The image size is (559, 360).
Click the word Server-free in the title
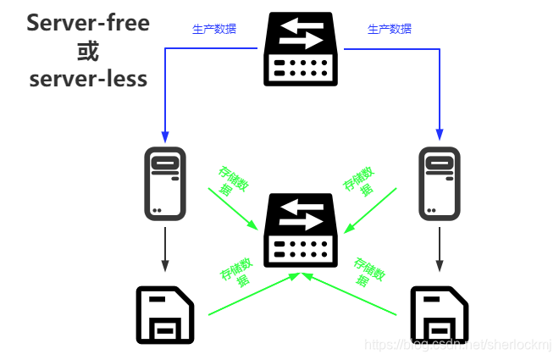click(88, 23)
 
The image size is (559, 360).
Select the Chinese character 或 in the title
click(87, 51)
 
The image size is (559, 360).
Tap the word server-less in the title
click(88, 79)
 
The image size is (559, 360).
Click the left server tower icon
click(164, 182)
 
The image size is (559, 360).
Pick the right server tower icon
click(439, 182)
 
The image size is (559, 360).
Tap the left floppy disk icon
click(164, 314)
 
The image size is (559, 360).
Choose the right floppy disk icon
click(439, 314)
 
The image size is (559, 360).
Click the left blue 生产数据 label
click(214, 29)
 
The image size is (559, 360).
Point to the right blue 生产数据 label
click(390, 29)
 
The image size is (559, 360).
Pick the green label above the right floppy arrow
click(371, 270)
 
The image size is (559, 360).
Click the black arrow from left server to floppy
click(164, 250)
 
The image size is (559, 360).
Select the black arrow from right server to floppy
click(439, 250)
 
